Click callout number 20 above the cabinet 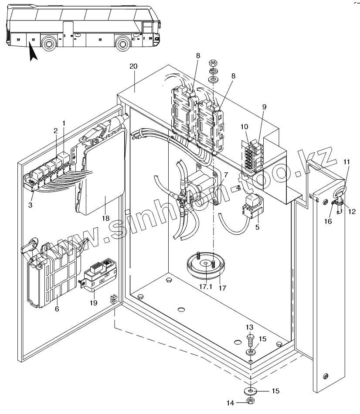pyautogui.click(x=133, y=66)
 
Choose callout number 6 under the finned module pyautogui.click(x=57, y=309)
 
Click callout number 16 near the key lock pyautogui.click(x=328, y=221)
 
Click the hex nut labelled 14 pyautogui.click(x=251, y=400)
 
